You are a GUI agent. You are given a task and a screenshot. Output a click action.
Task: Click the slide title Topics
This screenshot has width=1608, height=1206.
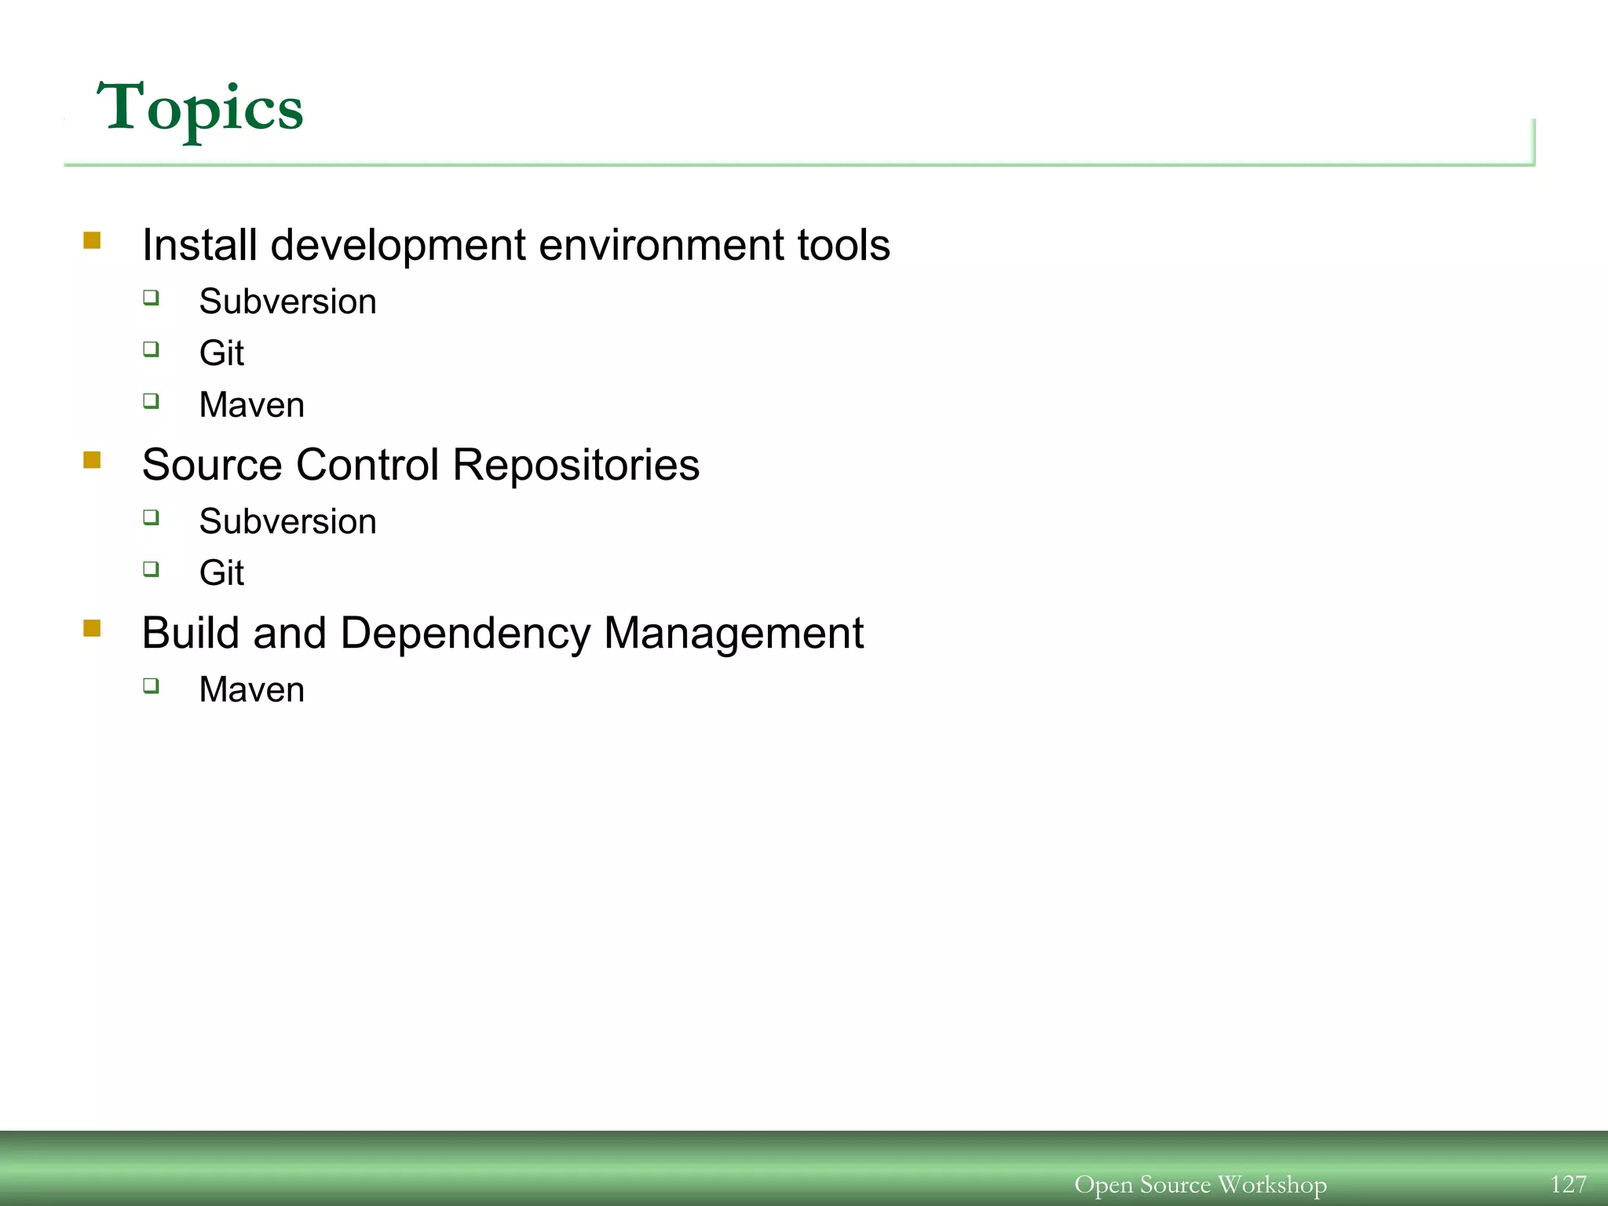click(x=199, y=108)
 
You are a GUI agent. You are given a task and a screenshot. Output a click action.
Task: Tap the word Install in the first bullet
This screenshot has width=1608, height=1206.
click(x=199, y=245)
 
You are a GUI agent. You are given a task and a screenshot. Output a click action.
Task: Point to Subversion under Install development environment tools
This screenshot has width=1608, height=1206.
click(x=287, y=302)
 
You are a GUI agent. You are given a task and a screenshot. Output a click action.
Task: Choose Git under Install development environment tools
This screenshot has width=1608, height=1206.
click(x=221, y=353)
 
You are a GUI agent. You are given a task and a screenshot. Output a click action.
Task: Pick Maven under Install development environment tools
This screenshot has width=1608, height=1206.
click(x=251, y=405)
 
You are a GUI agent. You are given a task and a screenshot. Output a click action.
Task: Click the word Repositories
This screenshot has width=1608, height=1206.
click(x=576, y=465)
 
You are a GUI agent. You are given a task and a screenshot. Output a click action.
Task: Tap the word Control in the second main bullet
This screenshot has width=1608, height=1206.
click(x=367, y=465)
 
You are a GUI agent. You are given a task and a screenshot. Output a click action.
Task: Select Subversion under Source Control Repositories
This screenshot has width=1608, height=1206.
click(x=287, y=522)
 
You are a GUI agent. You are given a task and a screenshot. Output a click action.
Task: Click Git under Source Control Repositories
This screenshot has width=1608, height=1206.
click(x=221, y=573)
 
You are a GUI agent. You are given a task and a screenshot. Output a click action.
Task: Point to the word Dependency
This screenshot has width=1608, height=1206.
click(x=465, y=634)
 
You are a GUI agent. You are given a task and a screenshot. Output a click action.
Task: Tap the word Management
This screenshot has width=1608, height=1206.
click(x=733, y=634)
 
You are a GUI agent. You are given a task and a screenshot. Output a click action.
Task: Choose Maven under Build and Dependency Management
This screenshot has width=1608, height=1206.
click(x=251, y=690)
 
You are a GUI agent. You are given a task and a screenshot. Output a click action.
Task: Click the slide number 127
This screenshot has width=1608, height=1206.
click(x=1568, y=1184)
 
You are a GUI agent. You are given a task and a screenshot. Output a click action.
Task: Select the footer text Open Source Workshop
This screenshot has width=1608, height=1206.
click(x=1200, y=1184)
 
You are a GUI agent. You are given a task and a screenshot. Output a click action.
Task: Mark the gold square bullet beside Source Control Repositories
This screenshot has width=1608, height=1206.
click(x=92, y=459)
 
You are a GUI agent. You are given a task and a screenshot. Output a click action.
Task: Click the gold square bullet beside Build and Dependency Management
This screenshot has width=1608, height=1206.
click(x=92, y=628)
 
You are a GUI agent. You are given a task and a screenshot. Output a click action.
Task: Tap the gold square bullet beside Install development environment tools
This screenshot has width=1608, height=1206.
click(x=92, y=240)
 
